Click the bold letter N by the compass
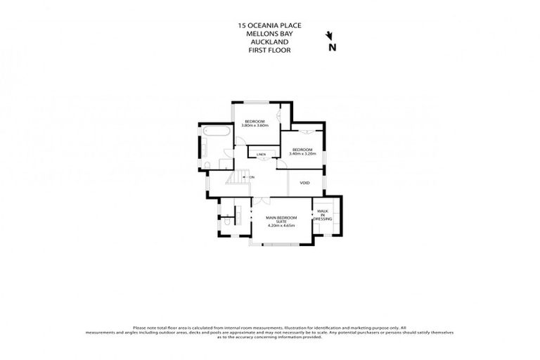pyautogui.click(x=333, y=48)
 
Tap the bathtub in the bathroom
pyautogui.click(x=216, y=133)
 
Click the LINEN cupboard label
pyautogui.click(x=261, y=154)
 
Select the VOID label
pyautogui.click(x=304, y=183)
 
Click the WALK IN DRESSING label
pyautogui.click(x=323, y=215)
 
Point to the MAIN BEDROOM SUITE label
pyautogui.click(x=281, y=219)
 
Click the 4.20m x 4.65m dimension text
pyautogui.click(x=281, y=226)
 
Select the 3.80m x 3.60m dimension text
pyautogui.click(x=255, y=125)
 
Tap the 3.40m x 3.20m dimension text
pyautogui.click(x=302, y=153)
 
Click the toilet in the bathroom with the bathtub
pyautogui.click(x=209, y=165)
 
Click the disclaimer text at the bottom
pyautogui.click(x=270, y=332)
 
